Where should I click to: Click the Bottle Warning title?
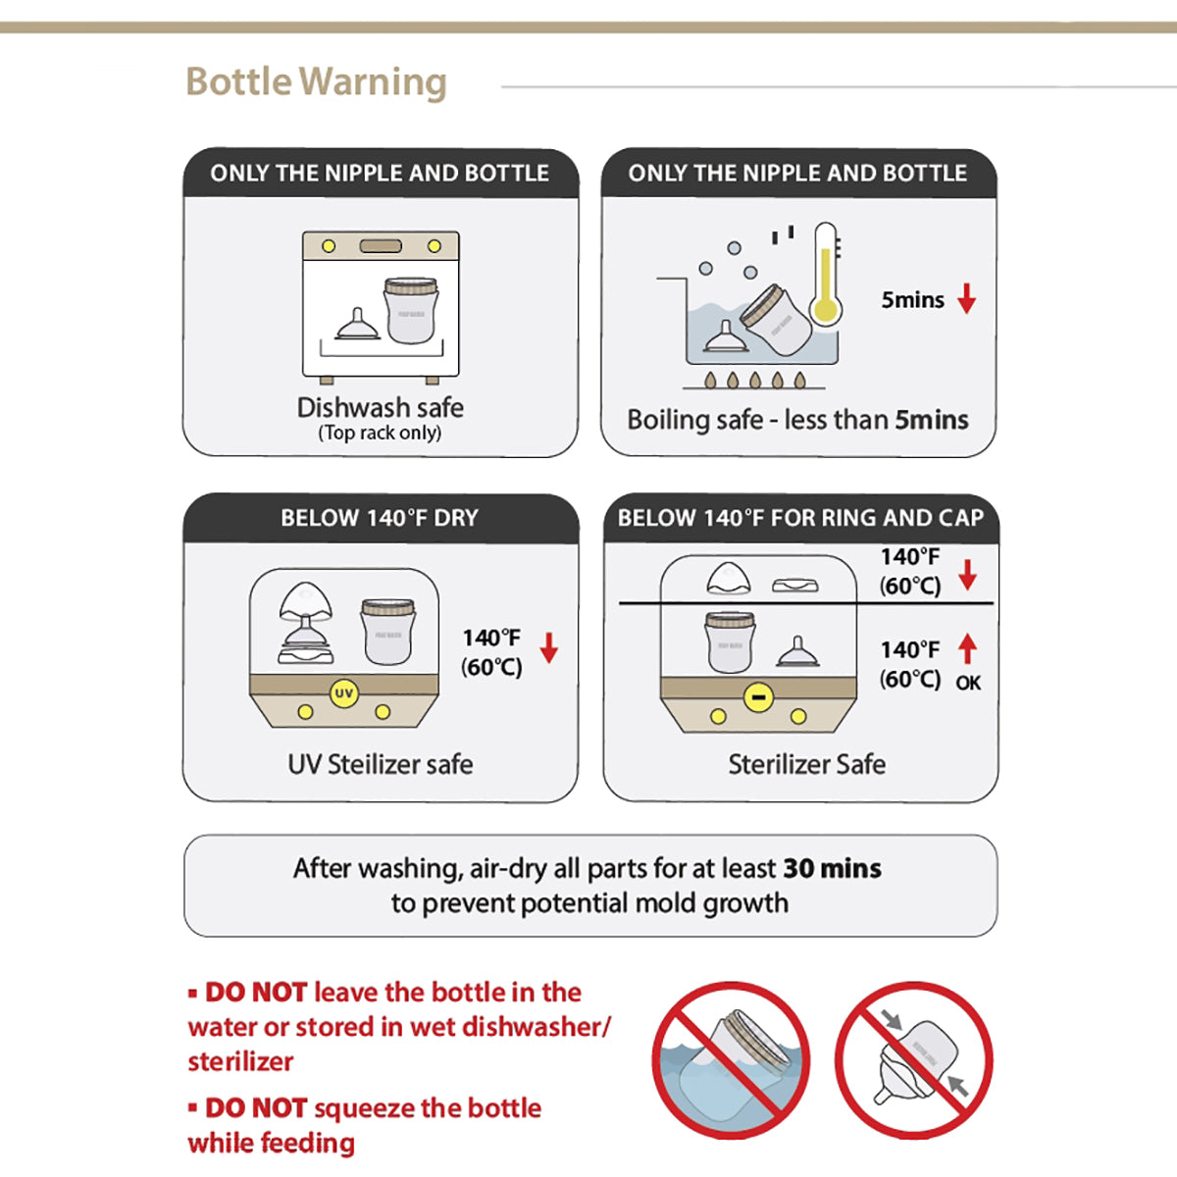tap(316, 82)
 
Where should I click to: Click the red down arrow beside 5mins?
tap(967, 299)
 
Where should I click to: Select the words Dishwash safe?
tap(380, 407)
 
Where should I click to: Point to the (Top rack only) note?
tap(380, 433)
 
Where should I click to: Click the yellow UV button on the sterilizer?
tap(343, 693)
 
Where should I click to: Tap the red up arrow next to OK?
tap(968, 648)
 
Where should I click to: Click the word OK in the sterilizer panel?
tap(968, 683)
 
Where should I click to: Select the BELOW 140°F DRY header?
tap(380, 518)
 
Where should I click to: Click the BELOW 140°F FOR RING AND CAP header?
tap(800, 518)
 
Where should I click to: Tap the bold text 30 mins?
tap(832, 868)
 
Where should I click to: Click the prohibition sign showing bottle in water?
tap(732, 1060)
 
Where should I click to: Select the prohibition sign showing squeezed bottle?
tap(914, 1060)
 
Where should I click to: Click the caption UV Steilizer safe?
tap(380, 764)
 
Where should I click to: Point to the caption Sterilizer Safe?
tap(806, 764)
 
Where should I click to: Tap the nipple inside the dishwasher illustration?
tap(358, 325)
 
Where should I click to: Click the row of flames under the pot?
tap(754, 380)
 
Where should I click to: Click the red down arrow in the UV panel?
tap(549, 648)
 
